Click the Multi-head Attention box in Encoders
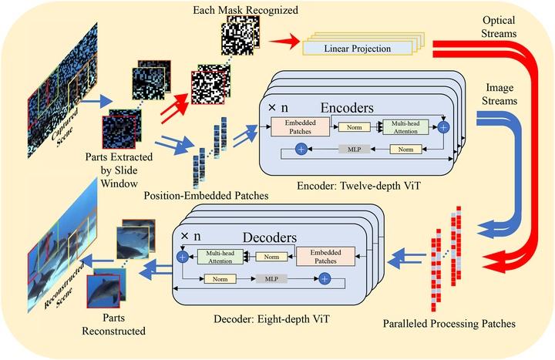[409, 126]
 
